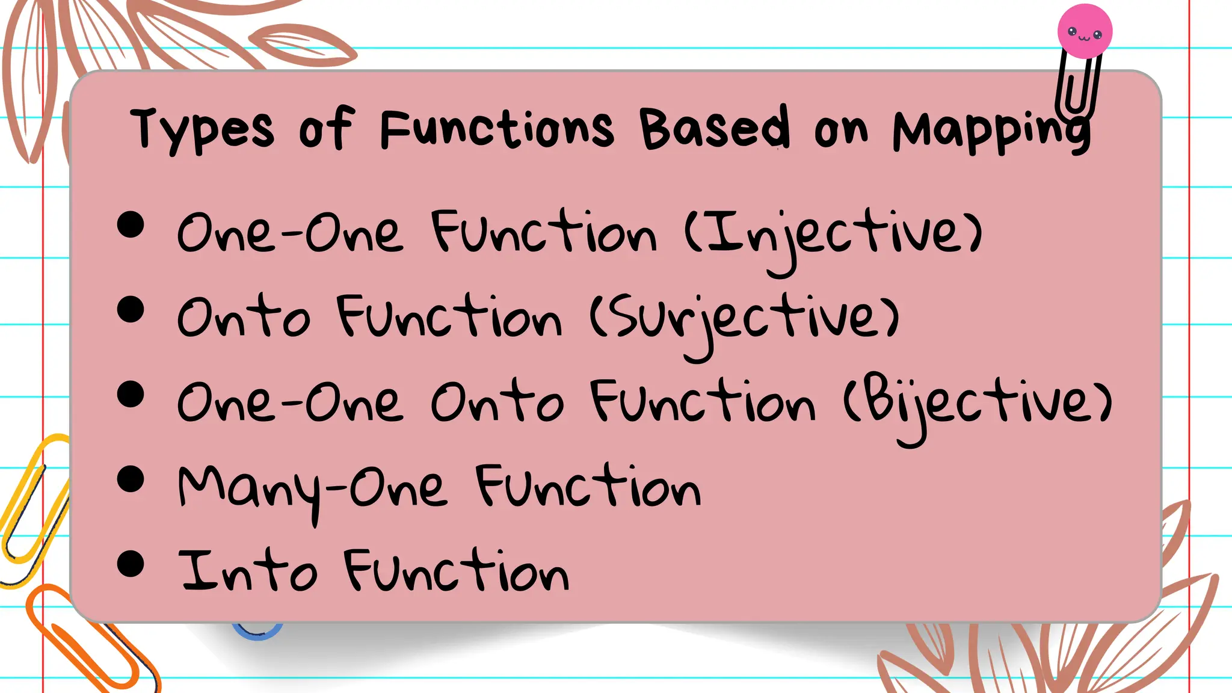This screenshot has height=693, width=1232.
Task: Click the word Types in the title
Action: tap(202, 129)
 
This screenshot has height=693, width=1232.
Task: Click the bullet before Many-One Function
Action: tap(131, 479)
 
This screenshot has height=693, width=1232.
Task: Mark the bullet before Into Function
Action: tap(131, 564)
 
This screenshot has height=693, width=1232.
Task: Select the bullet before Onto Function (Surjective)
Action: tap(131, 310)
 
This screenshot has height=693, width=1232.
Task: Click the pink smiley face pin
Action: tap(1085, 31)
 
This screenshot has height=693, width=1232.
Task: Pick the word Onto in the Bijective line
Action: tap(497, 403)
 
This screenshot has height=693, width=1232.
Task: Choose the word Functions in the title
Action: tap(497, 129)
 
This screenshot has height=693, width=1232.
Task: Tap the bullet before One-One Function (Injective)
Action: tap(131, 225)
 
